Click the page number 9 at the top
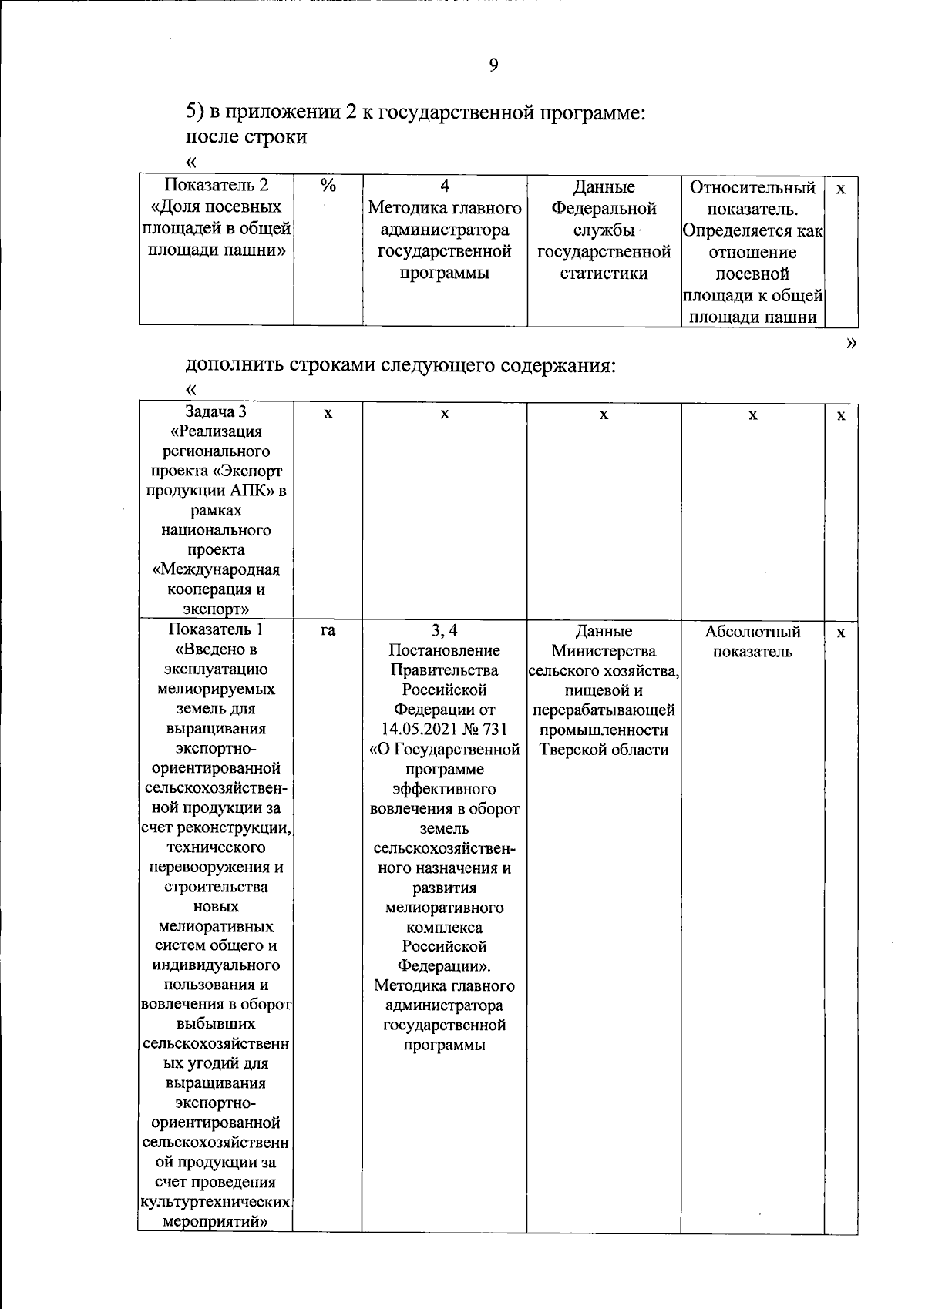click(x=493, y=65)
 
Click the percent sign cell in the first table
click(x=328, y=186)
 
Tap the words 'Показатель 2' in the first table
click(x=217, y=186)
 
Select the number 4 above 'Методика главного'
click(x=445, y=186)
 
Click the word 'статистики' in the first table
click(x=604, y=274)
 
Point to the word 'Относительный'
click(x=752, y=188)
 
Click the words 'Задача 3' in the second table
click(x=216, y=411)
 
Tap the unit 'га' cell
click(x=328, y=631)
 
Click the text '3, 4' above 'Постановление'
click(x=445, y=631)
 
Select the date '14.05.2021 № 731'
click(x=445, y=730)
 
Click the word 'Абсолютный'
click(x=752, y=632)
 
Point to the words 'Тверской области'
click(x=604, y=750)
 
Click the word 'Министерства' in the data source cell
click(x=604, y=652)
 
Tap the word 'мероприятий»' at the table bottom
click(x=216, y=1222)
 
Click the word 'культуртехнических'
click(x=216, y=1202)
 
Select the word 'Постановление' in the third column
click(x=445, y=651)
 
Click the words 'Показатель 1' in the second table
click(x=216, y=629)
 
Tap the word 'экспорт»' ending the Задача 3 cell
click(x=216, y=609)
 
